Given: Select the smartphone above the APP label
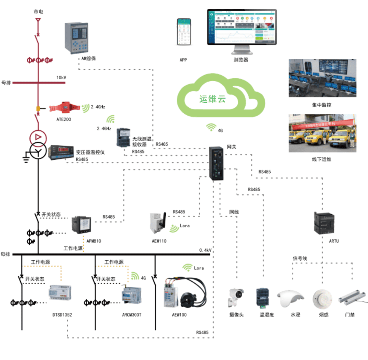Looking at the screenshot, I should [x=183, y=32].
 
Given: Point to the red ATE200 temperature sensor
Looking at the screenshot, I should [x=65, y=108].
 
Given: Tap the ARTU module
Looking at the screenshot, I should [x=324, y=223].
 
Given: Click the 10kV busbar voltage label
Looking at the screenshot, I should [x=61, y=78].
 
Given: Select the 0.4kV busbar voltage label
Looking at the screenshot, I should [x=206, y=250].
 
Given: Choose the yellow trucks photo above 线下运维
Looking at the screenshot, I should [x=322, y=133].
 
